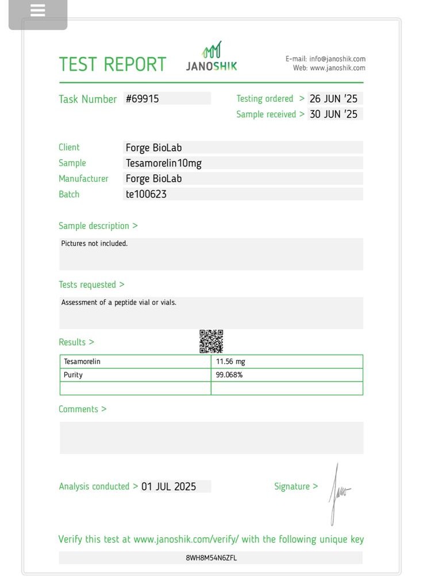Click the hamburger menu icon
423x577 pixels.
38,11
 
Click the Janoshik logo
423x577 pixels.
211,57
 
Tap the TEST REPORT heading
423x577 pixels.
113,64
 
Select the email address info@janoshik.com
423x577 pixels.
337,59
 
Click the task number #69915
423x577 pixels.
143,99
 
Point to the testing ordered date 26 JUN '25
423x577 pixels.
333,99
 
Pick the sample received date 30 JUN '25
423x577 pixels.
333,114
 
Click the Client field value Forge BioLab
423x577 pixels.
154,148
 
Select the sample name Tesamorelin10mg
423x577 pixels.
164,163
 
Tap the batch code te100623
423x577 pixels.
146,194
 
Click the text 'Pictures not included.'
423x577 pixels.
94,244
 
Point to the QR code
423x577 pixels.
211,341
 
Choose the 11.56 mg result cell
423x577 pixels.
231,362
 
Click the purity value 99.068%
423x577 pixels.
229,375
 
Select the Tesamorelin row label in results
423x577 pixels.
82,362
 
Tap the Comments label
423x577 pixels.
82,409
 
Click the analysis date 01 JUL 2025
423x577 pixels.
168,487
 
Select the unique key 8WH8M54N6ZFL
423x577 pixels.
211,558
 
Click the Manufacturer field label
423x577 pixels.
83,179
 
